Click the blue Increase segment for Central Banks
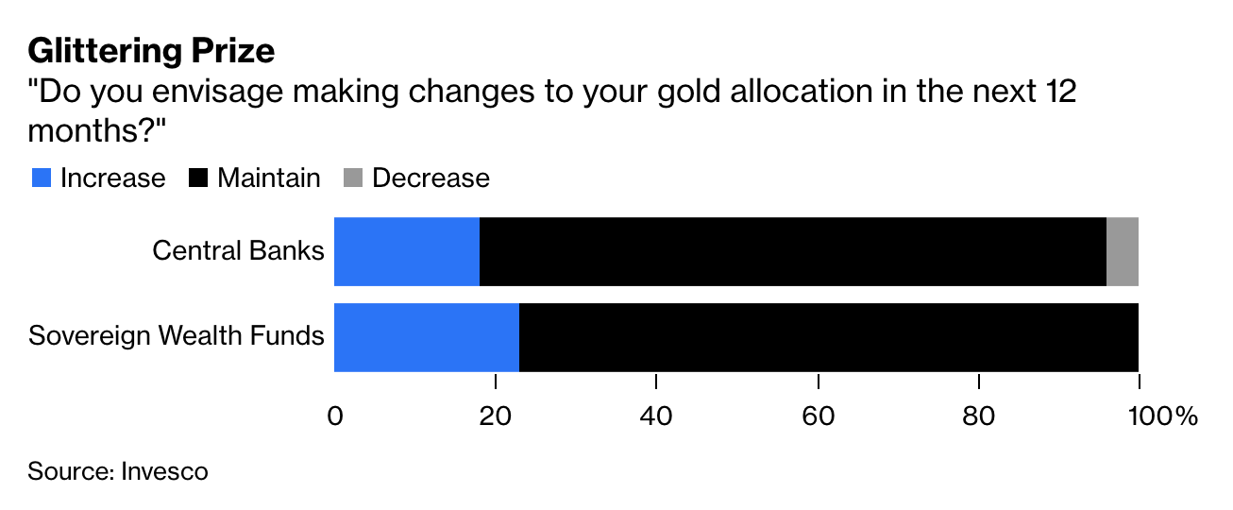pos(407,251)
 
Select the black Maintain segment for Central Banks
pos(793,251)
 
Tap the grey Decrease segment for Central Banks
pos(1123,251)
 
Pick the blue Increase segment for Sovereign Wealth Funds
pos(427,337)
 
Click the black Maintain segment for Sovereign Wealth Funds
pos(829,337)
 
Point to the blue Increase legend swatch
pos(41,178)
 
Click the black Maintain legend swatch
pos(198,178)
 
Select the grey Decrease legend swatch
pos(353,178)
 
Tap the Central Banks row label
pos(238,251)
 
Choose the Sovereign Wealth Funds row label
pos(177,335)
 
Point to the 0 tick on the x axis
pos(334,416)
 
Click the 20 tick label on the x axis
pos(496,416)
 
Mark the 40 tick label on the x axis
pos(657,416)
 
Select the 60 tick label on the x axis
pos(819,416)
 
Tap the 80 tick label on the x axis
pos(980,416)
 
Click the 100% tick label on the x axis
pos(1157,416)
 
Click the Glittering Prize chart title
pos(151,50)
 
